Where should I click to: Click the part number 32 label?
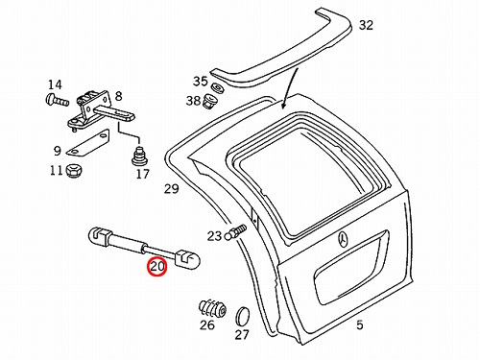coord(366,25)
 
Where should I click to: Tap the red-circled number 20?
coord(157,266)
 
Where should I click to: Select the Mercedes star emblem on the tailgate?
coord(344,239)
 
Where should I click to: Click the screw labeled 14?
coord(57,99)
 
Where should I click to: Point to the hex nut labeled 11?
coord(74,171)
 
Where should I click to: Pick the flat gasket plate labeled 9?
coord(87,143)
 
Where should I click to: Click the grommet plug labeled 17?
coord(139,156)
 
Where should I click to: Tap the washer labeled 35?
coord(218,87)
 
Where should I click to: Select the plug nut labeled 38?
coord(210,101)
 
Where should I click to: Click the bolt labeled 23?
coord(236,232)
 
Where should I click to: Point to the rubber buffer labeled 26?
coord(212,309)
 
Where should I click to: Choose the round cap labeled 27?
coord(243,317)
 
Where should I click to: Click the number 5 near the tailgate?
coord(360,324)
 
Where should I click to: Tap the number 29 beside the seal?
coord(171,189)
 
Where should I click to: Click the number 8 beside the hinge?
coord(118,96)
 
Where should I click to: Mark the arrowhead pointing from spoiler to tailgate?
coord(283,105)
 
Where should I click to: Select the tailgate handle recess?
coord(351,267)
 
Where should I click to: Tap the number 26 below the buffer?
coord(207,324)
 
